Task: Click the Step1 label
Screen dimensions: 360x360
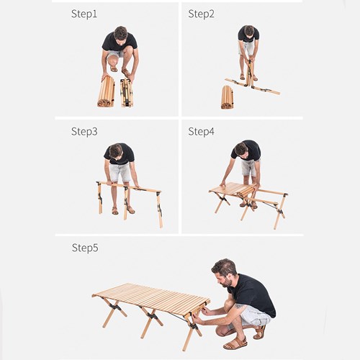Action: (84, 14)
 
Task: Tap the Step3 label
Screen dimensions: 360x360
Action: (84, 131)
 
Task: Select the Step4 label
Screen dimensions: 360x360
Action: (201, 131)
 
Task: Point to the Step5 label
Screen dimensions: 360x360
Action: (84, 248)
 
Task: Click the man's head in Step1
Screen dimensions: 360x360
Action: (120, 34)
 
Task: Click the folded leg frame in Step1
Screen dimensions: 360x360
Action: (127, 92)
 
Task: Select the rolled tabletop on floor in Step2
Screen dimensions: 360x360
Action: (227, 96)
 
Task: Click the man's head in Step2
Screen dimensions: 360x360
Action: (249, 31)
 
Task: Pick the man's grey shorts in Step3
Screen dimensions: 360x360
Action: (121, 171)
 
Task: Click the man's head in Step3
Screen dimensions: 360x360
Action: (116, 150)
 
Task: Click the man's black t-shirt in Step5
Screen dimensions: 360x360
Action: (252, 294)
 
